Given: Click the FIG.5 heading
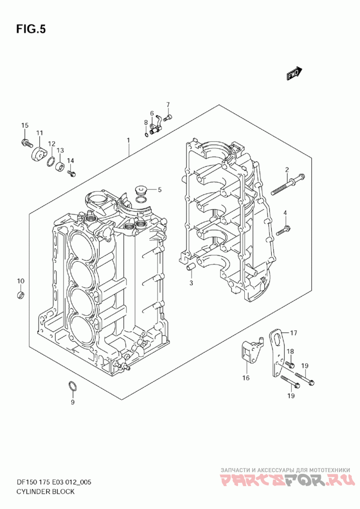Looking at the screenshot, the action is (x=31, y=29).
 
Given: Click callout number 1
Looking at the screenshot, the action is (x=129, y=140).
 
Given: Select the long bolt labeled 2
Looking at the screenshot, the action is (x=287, y=183).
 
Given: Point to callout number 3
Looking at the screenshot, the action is (x=191, y=283).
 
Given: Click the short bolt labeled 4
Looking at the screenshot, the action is (x=283, y=231).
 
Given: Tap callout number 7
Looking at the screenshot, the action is (x=168, y=104).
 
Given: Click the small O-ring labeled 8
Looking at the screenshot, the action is (x=147, y=134).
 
